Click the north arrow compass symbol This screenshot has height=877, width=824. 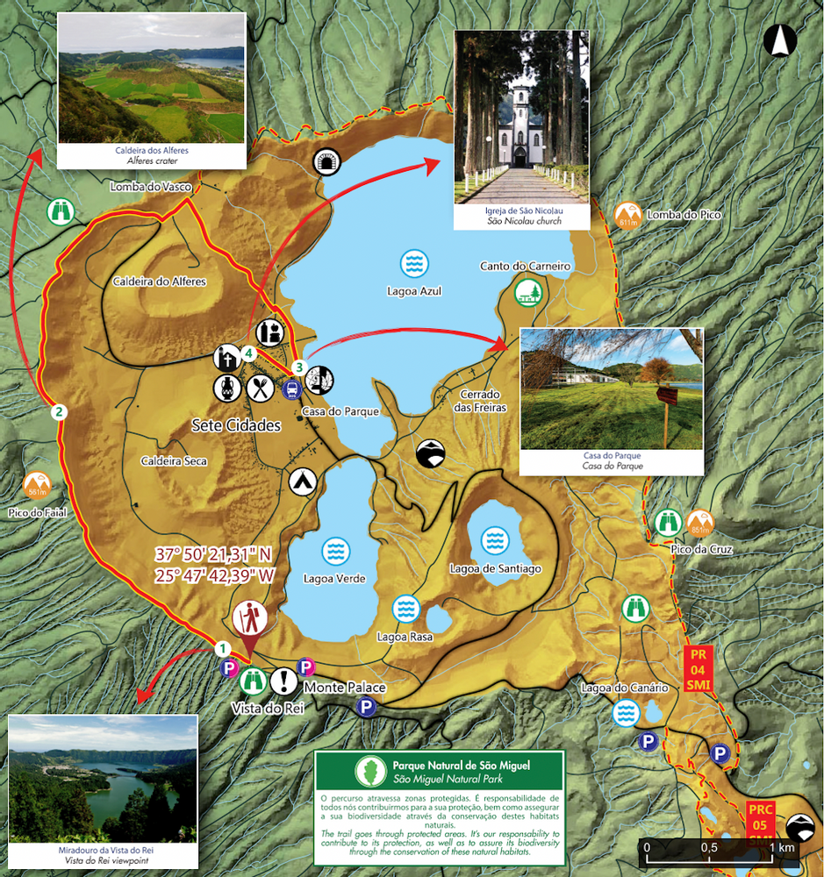pyautogui.click(x=779, y=40)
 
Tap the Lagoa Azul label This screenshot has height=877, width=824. pyautogui.click(x=414, y=290)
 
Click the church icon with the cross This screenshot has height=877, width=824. pyautogui.click(x=226, y=357)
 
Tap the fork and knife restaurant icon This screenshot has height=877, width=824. pyautogui.click(x=262, y=387)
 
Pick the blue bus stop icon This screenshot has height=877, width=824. pyautogui.click(x=291, y=389)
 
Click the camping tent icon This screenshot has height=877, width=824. pyautogui.click(x=302, y=481)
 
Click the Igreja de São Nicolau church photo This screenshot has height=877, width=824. pyautogui.click(x=521, y=129)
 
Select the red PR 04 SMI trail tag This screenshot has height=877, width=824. pyautogui.click(x=699, y=669)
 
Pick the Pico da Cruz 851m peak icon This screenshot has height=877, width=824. pyautogui.click(x=700, y=524)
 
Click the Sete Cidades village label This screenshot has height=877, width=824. pyautogui.click(x=236, y=425)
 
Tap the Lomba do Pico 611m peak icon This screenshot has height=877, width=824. pyautogui.click(x=627, y=215)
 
